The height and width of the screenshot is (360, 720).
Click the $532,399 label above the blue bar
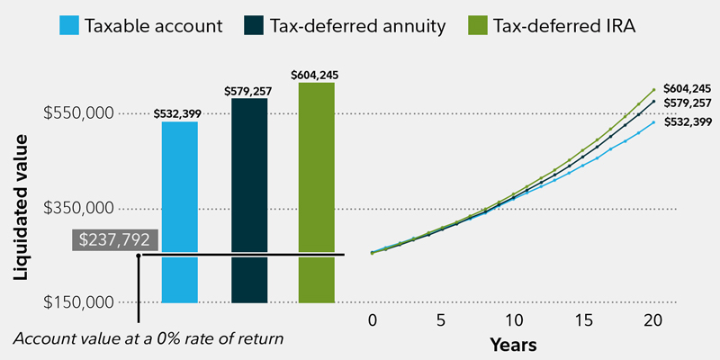(179, 113)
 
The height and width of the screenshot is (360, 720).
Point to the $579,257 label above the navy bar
(249, 91)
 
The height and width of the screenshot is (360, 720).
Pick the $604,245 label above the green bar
(316, 75)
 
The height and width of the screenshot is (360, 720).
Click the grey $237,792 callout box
(116, 240)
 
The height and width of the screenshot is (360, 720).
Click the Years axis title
(513, 345)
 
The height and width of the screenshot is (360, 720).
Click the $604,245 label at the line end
(687, 88)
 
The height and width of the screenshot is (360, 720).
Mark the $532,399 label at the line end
(687, 121)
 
